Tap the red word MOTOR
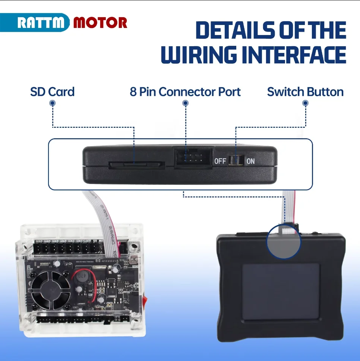point(100,23)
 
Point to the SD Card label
point(52,92)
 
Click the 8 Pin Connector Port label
point(185,92)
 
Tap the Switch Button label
point(305,92)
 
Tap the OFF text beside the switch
point(220,161)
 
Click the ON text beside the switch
point(250,161)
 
